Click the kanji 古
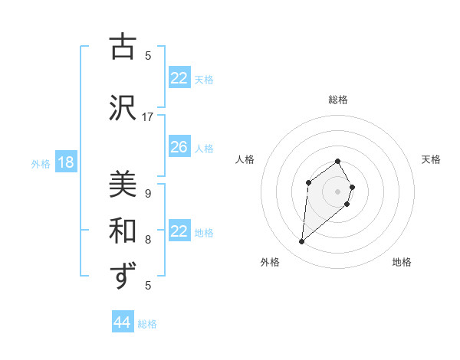[x=123, y=47]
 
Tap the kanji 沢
[x=123, y=108]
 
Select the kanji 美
[x=123, y=185]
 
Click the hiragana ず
[x=123, y=276]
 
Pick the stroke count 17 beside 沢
[x=148, y=117]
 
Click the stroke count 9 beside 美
[x=148, y=194]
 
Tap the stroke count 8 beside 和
[x=148, y=240]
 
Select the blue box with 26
[x=179, y=147]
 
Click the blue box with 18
[x=65, y=162]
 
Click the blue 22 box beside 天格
[x=179, y=78]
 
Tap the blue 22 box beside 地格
[x=179, y=231]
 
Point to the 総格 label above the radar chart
[x=338, y=100]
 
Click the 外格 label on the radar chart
[x=270, y=262]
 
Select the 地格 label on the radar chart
[x=402, y=262]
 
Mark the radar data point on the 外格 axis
[x=302, y=242]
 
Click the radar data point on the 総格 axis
[x=338, y=162]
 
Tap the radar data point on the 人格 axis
[x=308, y=182]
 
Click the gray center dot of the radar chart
[x=338, y=191]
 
